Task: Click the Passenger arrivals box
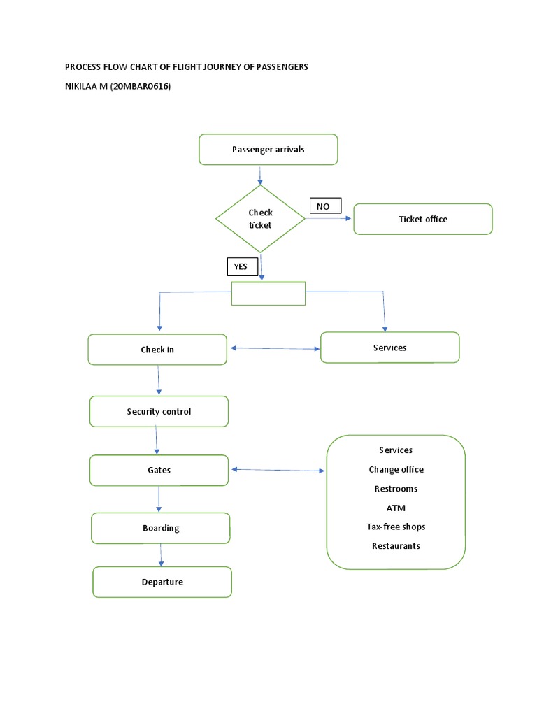click(268, 150)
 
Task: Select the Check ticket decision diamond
click(260, 219)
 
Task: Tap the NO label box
click(325, 206)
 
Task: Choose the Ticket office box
click(423, 219)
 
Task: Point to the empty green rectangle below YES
click(268, 294)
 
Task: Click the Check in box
click(157, 350)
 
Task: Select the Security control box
click(159, 412)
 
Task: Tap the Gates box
click(159, 471)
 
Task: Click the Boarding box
click(161, 528)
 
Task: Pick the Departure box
click(162, 582)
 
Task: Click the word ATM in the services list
click(396, 508)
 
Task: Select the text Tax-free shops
click(396, 527)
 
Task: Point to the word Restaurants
click(396, 546)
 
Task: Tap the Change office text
click(396, 469)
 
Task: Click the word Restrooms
click(396, 489)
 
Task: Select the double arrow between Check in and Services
click(274, 348)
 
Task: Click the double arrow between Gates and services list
click(278, 471)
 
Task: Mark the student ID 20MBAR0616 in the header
click(141, 86)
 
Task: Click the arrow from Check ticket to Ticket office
click(329, 218)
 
